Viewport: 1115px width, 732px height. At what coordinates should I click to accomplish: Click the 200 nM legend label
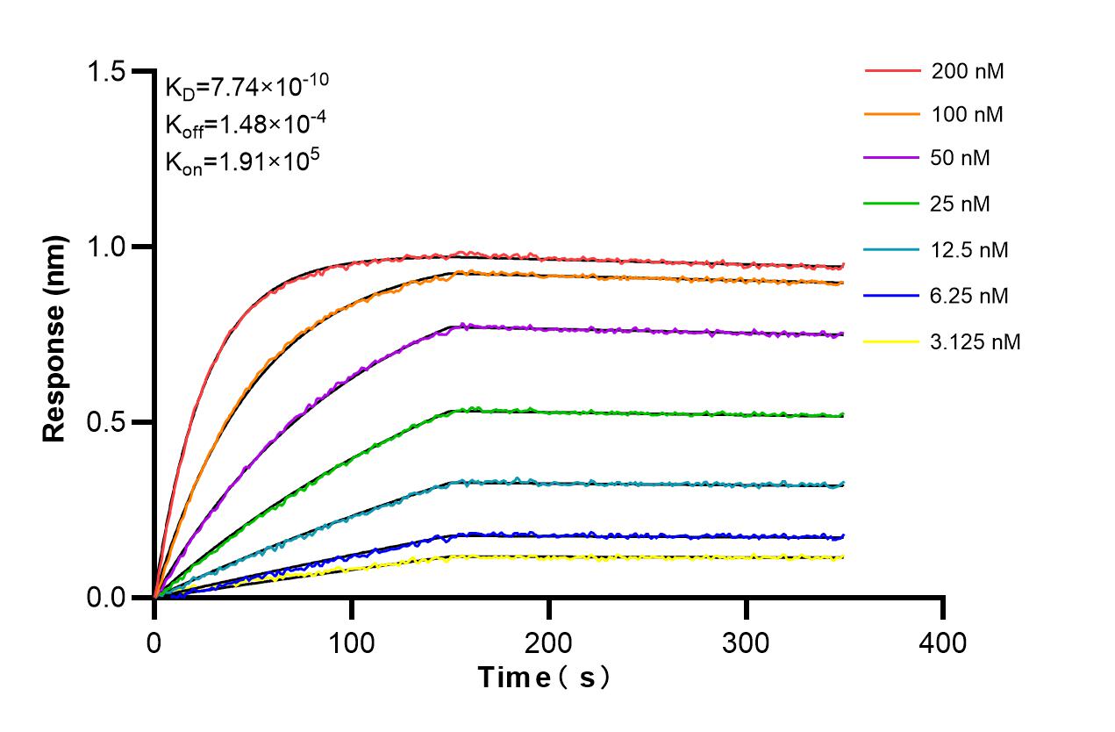pos(968,71)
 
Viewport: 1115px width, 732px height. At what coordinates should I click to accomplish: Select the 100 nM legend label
pos(968,115)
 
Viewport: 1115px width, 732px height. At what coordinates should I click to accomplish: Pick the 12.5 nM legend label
pos(970,250)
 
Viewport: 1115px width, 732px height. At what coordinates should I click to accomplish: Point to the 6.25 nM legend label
pos(970,296)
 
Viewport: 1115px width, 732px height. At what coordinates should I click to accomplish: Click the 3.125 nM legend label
pos(976,341)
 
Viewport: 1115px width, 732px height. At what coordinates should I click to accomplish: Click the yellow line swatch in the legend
pos(892,341)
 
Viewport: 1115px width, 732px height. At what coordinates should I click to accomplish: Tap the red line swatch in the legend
pos(892,71)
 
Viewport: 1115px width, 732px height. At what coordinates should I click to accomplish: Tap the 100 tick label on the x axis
pos(352,643)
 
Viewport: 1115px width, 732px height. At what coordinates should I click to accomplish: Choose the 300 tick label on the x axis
pos(747,643)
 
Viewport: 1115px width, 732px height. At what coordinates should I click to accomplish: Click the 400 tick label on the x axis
pos(944,643)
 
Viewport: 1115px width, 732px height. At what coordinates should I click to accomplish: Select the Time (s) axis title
pos(543,678)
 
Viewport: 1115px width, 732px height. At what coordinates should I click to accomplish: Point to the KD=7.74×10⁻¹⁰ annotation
pos(247,87)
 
